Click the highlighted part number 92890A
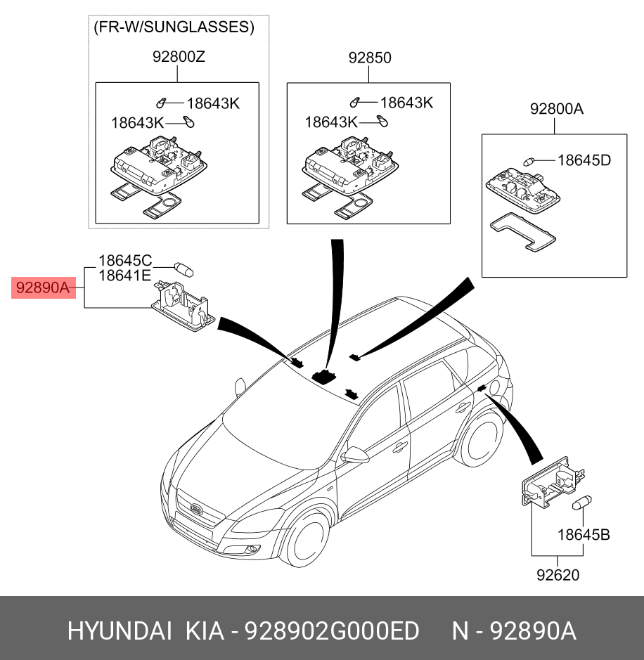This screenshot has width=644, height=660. pyautogui.click(x=43, y=287)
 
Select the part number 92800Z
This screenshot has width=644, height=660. pyautogui.click(x=179, y=58)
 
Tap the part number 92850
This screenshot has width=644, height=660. pyautogui.click(x=370, y=58)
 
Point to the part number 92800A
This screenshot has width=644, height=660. pyautogui.click(x=557, y=109)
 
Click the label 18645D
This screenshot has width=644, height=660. pyautogui.click(x=584, y=160)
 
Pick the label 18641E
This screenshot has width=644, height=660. pyautogui.click(x=124, y=276)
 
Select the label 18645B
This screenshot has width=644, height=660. pyautogui.click(x=584, y=535)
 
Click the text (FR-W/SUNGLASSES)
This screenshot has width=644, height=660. pyautogui.click(x=174, y=27)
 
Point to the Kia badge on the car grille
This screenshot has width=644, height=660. pyautogui.click(x=197, y=509)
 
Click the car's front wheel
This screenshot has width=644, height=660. pyautogui.click(x=308, y=541)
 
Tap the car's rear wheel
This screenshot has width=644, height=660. pyautogui.click(x=479, y=442)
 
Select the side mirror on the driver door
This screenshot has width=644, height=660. pyautogui.click(x=355, y=455)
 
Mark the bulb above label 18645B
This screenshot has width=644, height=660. pyautogui.click(x=581, y=504)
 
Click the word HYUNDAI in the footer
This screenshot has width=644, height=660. pyautogui.click(x=120, y=630)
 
